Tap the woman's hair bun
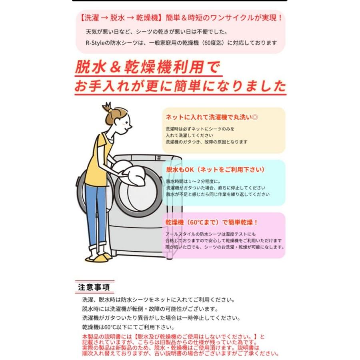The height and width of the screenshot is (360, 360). click(x=107, y=106)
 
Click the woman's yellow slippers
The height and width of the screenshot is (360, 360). click(x=98, y=257)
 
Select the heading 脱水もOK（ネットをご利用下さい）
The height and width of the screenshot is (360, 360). click(x=216, y=170)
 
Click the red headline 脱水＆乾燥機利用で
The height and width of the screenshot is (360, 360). click(x=147, y=67)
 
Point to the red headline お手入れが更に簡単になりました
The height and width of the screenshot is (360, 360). click(x=180, y=86)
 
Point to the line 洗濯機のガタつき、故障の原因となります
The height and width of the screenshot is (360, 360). click(x=206, y=142)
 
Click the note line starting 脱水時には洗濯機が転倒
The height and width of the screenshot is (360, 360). click(x=150, y=309)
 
